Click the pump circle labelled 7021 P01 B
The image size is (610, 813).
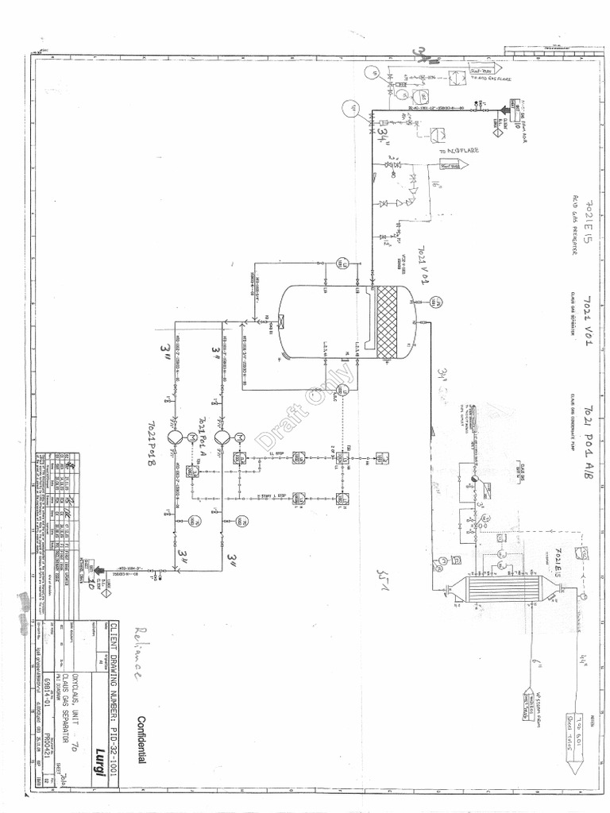click(x=176, y=437)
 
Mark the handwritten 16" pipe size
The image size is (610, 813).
click(x=435, y=187)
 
